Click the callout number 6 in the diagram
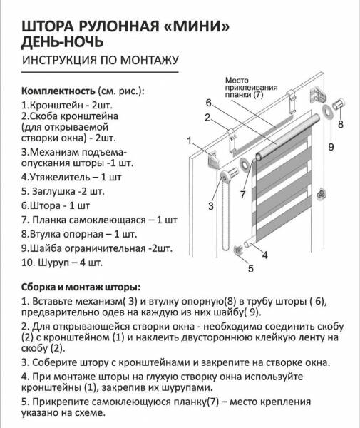click(210, 102)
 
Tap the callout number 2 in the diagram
click(206, 118)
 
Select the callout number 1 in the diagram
click(191, 140)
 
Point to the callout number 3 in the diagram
click(211, 206)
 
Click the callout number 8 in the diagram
click(340, 123)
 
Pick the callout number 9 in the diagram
click(331, 147)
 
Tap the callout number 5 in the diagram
click(250, 269)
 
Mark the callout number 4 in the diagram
click(264, 255)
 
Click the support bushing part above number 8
click(339, 107)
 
